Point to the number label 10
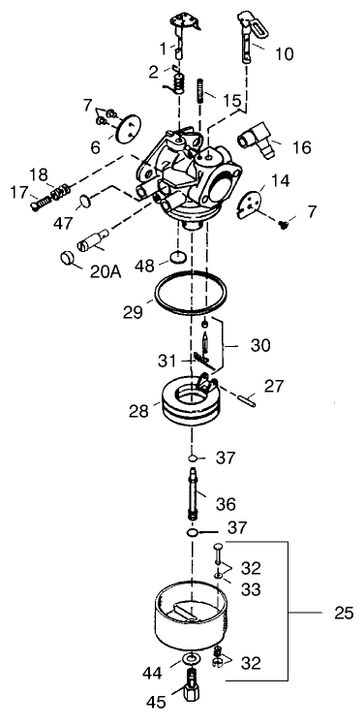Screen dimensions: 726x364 pos(285,55)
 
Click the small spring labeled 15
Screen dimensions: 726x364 pos(201,93)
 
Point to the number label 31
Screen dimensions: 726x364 pos(168,361)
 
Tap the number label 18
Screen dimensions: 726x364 pos(37,174)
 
